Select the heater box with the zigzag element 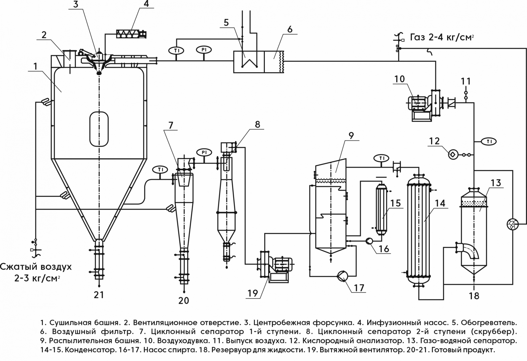point(248,62)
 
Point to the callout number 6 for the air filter point(289,29)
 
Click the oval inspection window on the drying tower point(99,129)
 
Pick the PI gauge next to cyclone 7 point(204,152)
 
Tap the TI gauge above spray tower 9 point(381,158)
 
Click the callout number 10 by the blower point(399,79)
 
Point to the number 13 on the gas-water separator point(496,183)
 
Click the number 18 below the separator point(474,296)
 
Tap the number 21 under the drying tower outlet point(99,295)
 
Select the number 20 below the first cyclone point(184,301)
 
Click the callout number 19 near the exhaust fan point(253,293)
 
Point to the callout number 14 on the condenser point(440,203)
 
